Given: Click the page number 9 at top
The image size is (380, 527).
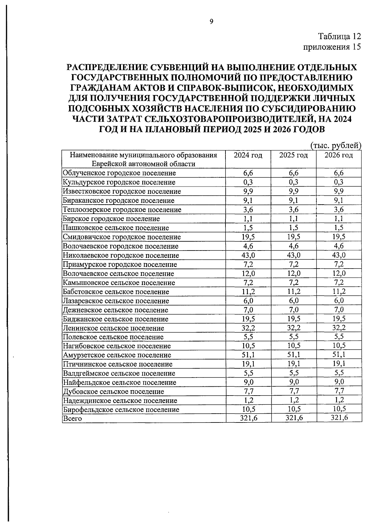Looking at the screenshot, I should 212,22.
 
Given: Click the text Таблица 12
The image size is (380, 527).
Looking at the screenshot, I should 339,36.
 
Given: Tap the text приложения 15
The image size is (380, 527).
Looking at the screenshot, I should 332,47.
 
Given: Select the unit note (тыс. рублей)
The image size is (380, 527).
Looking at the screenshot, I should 336,146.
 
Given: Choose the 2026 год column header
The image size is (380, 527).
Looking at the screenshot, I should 339,155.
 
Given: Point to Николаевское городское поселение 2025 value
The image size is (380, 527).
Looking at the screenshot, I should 294,255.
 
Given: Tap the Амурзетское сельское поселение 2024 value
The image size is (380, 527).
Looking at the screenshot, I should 248,355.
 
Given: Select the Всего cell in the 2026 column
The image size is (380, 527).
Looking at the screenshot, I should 339,418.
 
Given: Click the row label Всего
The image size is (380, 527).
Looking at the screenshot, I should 73,419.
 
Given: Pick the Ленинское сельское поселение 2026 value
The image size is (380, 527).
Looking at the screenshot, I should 339,328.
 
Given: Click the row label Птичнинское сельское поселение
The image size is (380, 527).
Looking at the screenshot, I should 117,364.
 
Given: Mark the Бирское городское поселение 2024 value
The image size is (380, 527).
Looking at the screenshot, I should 248,219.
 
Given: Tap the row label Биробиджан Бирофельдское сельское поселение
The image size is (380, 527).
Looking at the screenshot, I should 121,410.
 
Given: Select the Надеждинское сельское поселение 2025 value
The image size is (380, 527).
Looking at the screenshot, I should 294,400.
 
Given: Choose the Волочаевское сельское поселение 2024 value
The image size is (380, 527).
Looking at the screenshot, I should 248,274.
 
